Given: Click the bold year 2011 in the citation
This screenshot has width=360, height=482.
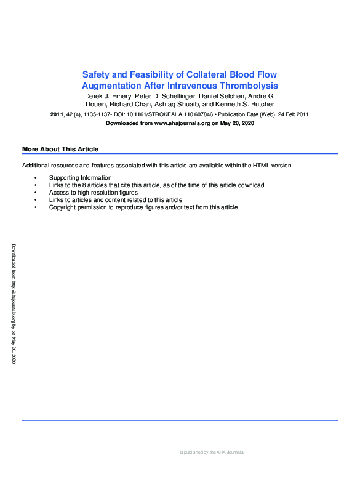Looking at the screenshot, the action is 57,114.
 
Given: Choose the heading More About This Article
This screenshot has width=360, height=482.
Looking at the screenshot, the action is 60,150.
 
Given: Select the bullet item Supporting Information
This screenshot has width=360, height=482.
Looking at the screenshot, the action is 81,178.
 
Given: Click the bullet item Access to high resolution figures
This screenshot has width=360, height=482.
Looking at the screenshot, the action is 94,193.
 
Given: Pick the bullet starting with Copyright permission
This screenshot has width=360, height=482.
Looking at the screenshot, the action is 143,207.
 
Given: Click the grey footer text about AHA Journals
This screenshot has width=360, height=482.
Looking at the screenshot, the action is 212,452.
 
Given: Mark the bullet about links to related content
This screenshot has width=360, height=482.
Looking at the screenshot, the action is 116,200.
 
